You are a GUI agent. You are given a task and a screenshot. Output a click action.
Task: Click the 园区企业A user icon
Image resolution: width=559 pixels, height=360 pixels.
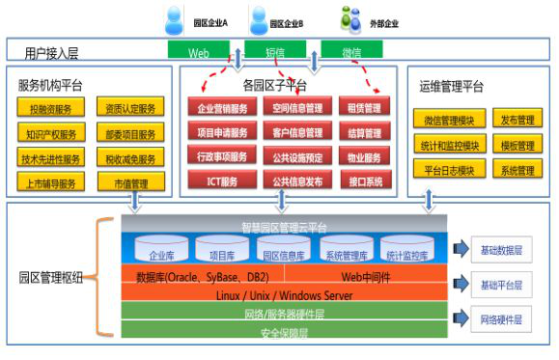(173, 19)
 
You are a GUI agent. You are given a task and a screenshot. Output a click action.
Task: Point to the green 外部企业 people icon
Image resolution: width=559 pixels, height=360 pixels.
(349, 18)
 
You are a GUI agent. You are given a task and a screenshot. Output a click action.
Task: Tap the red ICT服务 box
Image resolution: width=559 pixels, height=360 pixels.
(221, 180)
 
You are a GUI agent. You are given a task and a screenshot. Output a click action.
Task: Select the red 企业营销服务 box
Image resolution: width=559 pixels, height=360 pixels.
(221, 108)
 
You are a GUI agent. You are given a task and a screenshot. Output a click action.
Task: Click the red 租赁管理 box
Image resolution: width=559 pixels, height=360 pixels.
(365, 108)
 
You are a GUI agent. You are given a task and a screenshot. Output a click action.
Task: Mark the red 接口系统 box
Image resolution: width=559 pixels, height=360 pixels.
(365, 180)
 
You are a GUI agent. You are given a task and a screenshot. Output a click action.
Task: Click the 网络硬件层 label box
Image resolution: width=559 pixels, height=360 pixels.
(501, 318)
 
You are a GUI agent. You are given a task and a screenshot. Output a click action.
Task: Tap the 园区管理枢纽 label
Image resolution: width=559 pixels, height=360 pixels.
(50, 278)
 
